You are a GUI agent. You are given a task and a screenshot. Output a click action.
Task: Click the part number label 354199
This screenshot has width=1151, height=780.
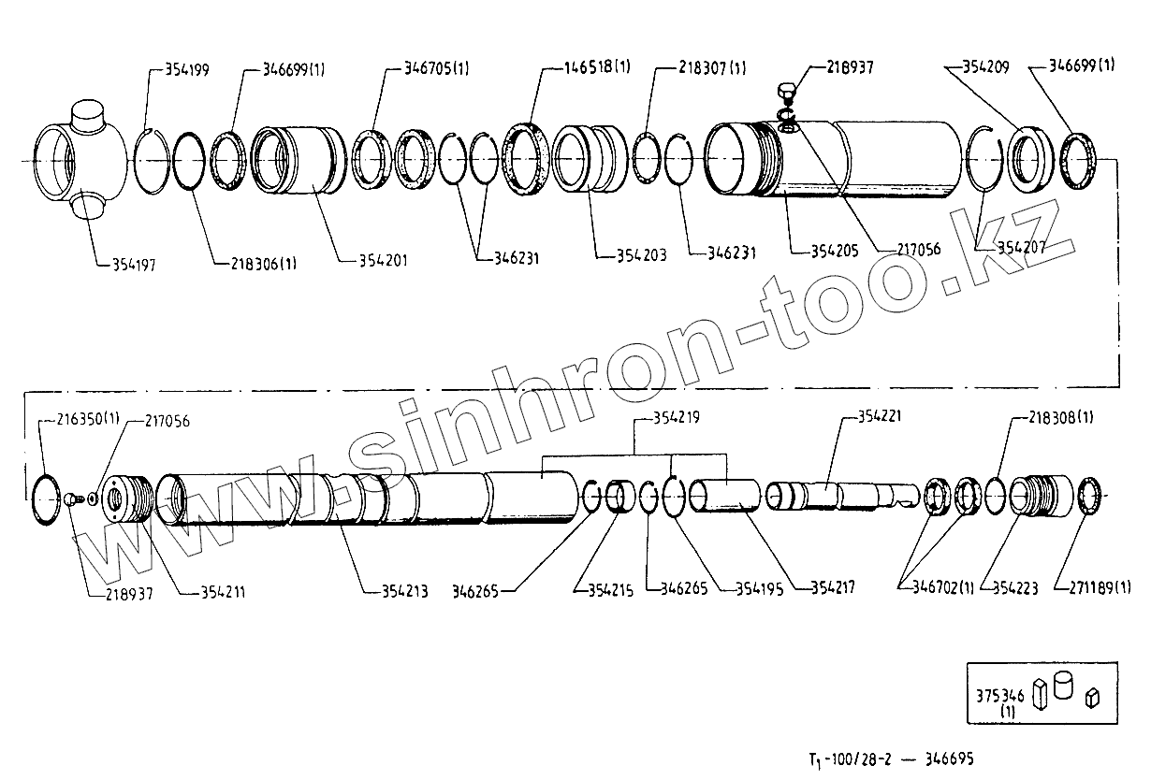(x=187, y=69)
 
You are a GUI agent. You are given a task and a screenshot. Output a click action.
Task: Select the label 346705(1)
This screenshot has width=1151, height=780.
(x=437, y=68)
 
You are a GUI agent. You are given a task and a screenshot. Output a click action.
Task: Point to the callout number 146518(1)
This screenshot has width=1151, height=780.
(x=599, y=67)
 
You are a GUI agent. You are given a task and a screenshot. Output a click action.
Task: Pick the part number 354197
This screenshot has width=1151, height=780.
(x=127, y=266)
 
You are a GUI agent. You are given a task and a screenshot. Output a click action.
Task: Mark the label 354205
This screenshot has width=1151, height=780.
(x=820, y=252)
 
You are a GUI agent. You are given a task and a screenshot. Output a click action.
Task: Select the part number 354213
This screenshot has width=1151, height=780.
(x=405, y=590)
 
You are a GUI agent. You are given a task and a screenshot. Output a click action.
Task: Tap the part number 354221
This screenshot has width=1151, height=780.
(x=881, y=417)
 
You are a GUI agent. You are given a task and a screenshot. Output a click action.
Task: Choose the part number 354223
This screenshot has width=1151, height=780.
(x=1015, y=588)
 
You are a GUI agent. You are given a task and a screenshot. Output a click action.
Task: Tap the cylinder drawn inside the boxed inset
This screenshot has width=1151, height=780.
(x=1063, y=685)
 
